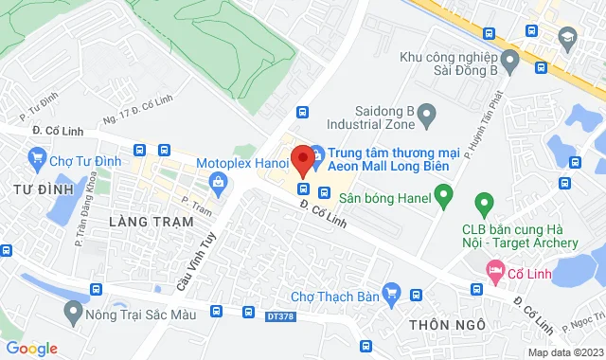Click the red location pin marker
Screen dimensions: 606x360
[x=303, y=158]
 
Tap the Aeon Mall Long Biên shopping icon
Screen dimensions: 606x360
[x=317, y=152]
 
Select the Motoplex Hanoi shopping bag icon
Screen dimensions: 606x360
[x=218, y=182]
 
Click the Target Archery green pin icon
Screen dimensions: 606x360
[x=484, y=202]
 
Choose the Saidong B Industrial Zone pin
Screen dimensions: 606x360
[x=426, y=117]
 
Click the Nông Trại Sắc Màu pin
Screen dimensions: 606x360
[x=71, y=310]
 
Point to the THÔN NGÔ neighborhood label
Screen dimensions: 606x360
[x=447, y=325]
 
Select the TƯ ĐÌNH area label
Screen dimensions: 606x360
[x=32, y=190]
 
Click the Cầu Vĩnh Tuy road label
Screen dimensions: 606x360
[x=189, y=266]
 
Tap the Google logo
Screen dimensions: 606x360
[x=31, y=349]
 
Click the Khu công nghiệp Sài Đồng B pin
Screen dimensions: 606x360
[x=509, y=63]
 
